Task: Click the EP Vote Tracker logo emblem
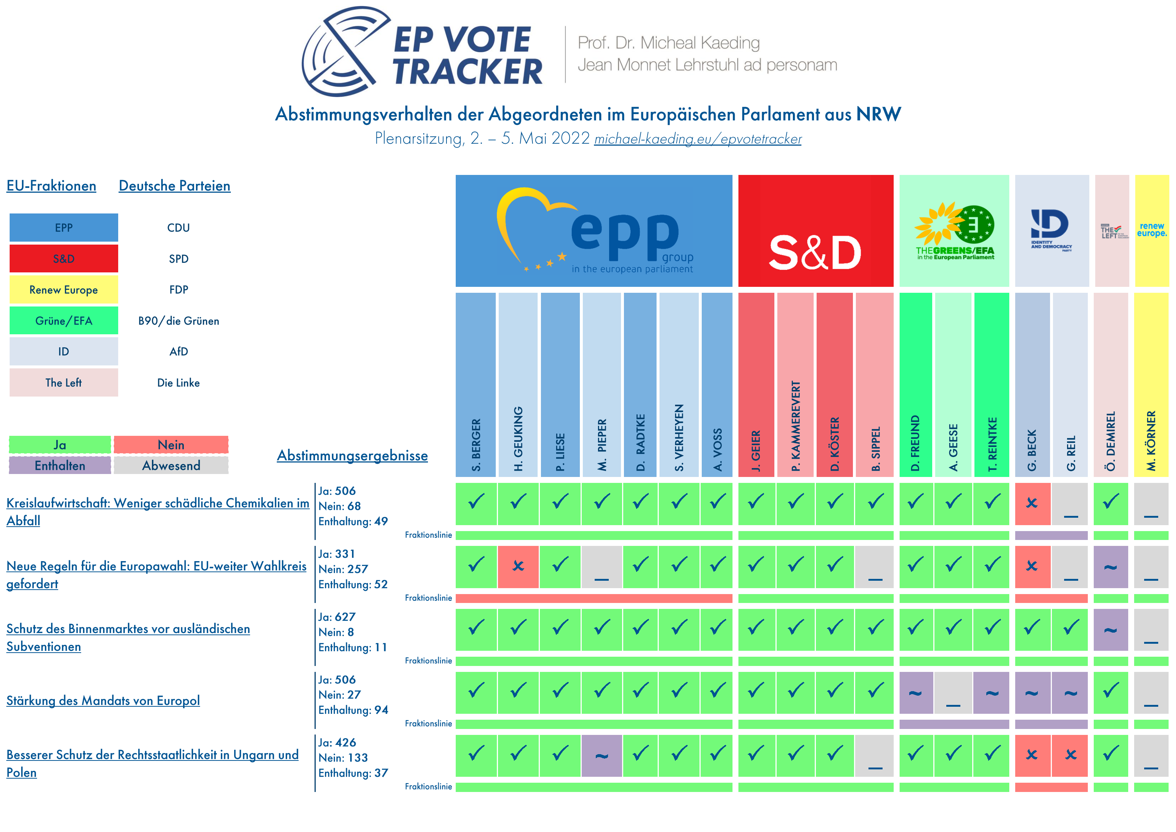point(344,51)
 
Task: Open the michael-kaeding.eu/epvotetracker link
point(698,139)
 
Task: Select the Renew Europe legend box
point(63,289)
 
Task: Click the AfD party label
point(178,351)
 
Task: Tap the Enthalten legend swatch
point(60,465)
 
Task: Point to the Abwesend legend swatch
point(171,465)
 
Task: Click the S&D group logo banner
point(815,231)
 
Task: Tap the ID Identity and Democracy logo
point(1052,231)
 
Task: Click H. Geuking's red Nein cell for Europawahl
point(518,566)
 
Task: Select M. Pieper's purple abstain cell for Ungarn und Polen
point(601,755)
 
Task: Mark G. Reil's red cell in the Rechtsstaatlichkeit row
point(1070,755)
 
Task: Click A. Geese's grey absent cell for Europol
point(953,692)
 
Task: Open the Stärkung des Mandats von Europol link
point(103,700)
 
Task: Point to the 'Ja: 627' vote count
point(336,617)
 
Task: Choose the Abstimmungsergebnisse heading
point(352,455)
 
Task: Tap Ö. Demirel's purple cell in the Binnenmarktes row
point(1110,630)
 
